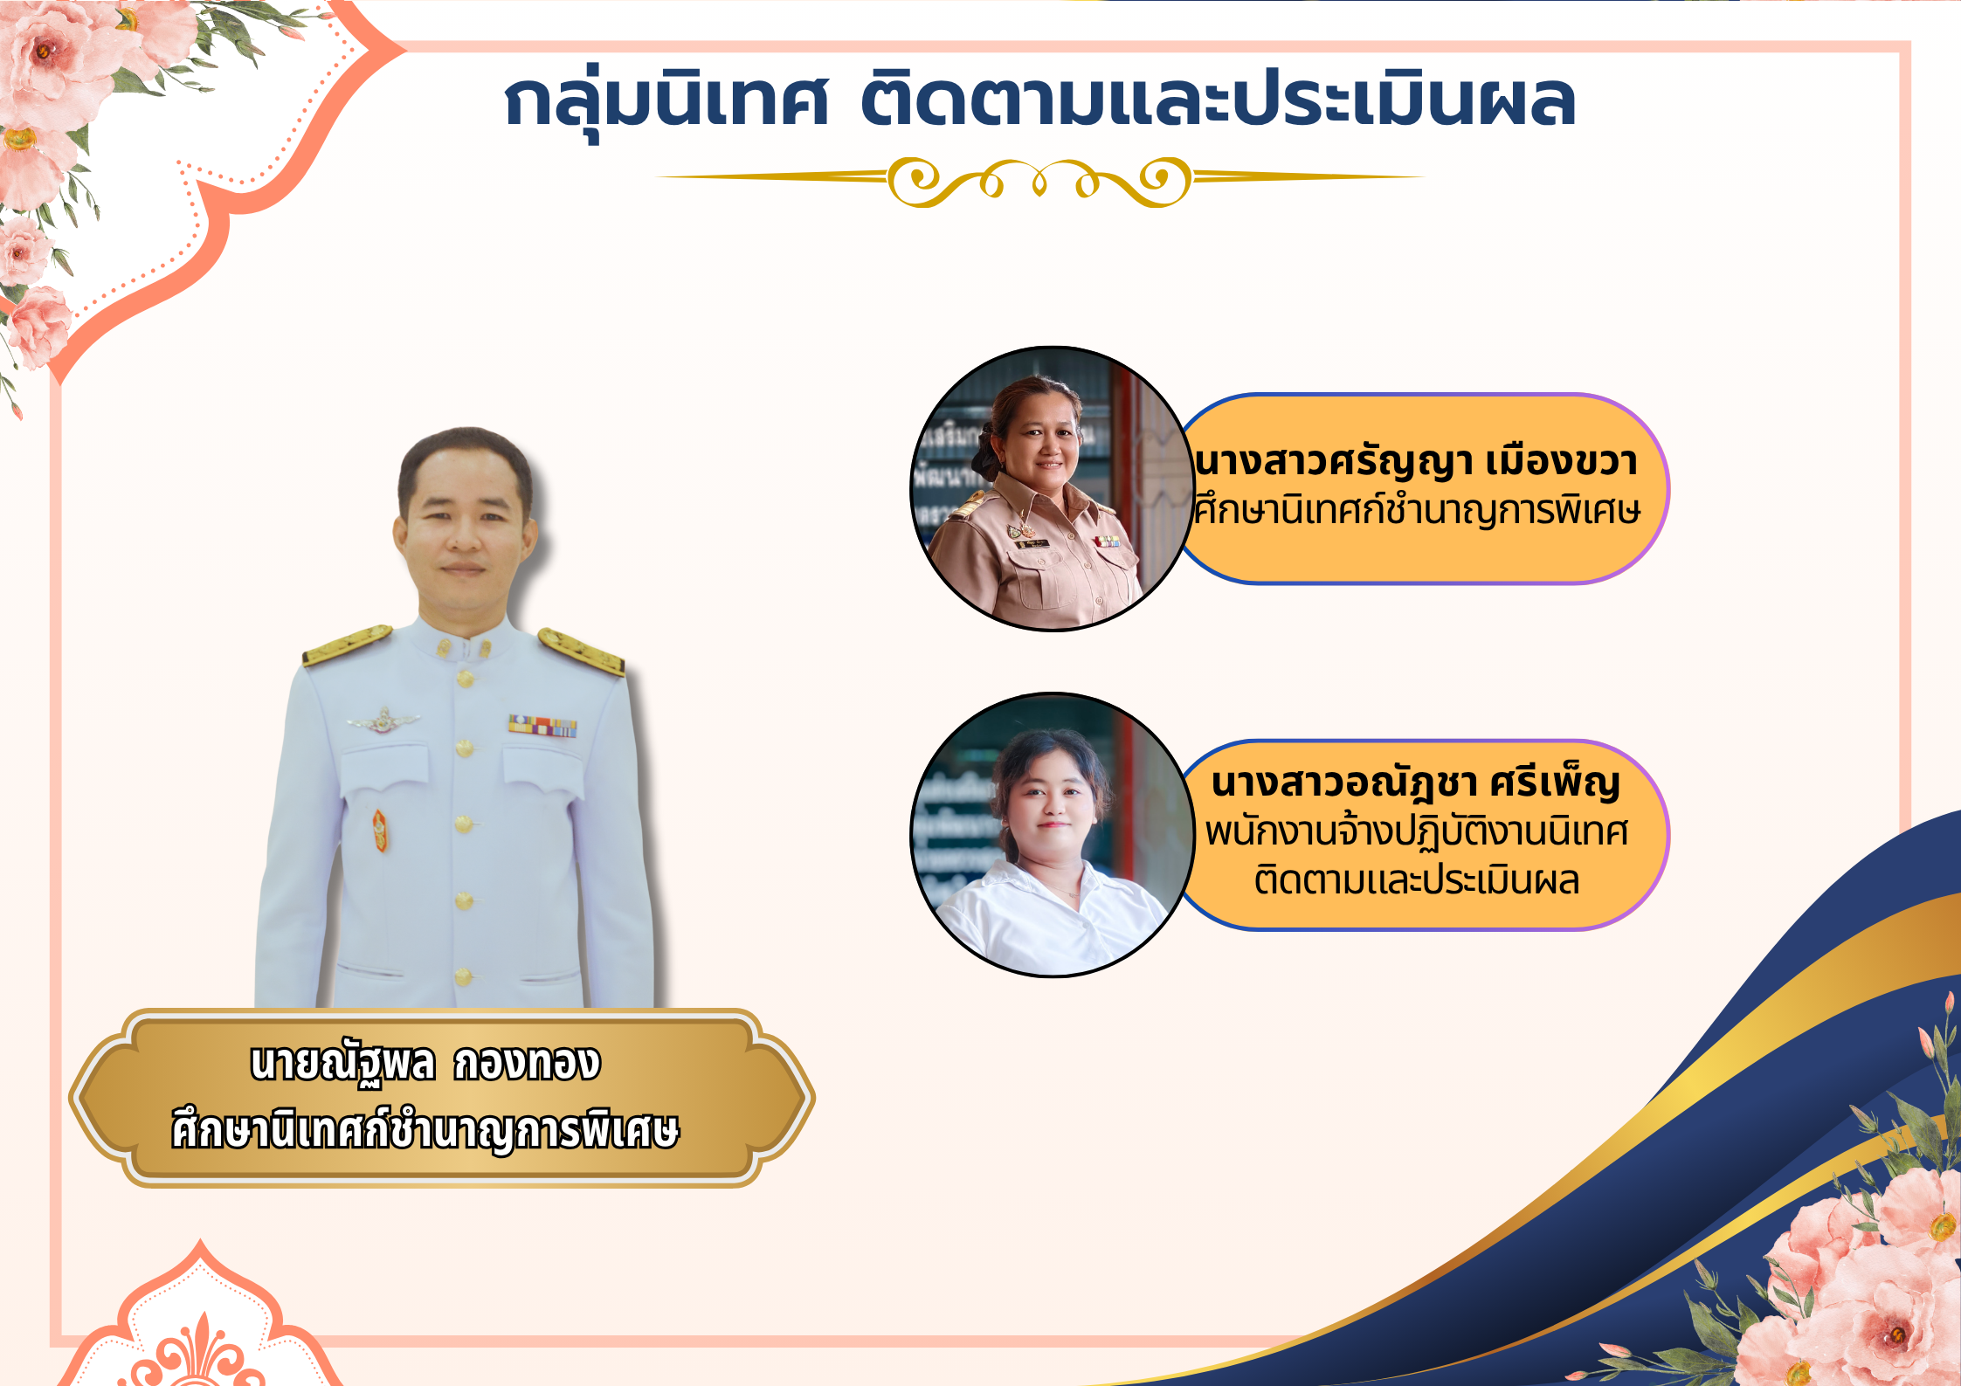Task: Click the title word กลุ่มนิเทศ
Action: click(666, 100)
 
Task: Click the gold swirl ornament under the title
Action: click(1039, 182)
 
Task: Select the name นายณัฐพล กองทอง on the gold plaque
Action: click(425, 1065)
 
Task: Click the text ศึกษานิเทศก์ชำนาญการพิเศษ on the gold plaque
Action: click(425, 1130)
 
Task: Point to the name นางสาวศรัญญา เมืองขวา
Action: click(1416, 461)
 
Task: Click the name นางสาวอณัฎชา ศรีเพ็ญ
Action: click(1416, 783)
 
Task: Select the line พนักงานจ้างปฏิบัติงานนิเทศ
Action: click(1416, 831)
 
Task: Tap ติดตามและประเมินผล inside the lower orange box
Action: click(1416, 879)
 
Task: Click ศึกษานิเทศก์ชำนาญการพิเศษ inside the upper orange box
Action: click(1416, 510)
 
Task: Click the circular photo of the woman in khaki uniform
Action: click(1053, 488)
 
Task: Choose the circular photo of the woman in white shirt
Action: click(1053, 834)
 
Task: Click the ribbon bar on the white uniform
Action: click(542, 725)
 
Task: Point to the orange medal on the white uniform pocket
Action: click(380, 831)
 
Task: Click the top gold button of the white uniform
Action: click(465, 678)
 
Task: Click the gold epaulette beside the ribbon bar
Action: click(581, 652)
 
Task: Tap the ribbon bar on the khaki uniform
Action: click(1108, 541)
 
